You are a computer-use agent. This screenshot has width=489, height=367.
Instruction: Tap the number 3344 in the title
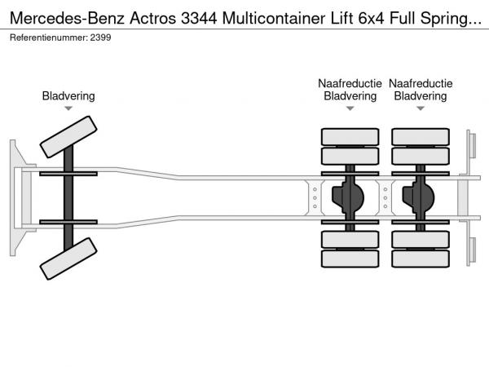tap(199, 18)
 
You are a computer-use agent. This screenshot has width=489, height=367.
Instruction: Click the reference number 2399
tap(100, 38)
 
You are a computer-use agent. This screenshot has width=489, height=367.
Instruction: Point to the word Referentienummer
tap(49, 38)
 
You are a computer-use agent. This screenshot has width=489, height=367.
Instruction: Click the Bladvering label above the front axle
tap(68, 95)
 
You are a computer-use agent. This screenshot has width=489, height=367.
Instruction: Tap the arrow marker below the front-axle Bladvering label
tap(68, 108)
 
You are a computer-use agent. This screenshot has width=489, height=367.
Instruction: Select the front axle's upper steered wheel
tap(68, 137)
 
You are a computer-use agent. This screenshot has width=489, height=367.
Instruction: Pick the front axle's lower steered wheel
tap(68, 259)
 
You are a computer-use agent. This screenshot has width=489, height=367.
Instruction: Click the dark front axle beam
tap(68, 198)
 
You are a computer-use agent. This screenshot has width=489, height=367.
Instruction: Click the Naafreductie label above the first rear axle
tap(350, 83)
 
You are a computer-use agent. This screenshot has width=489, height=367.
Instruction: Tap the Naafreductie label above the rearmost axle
tap(421, 83)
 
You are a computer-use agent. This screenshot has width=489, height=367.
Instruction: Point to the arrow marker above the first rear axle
tap(350, 108)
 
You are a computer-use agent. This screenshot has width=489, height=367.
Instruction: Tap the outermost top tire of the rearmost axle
tap(421, 137)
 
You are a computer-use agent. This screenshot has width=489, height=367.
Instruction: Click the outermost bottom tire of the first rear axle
tap(350, 259)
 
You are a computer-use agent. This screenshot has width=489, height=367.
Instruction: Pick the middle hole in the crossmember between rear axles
tap(385, 198)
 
